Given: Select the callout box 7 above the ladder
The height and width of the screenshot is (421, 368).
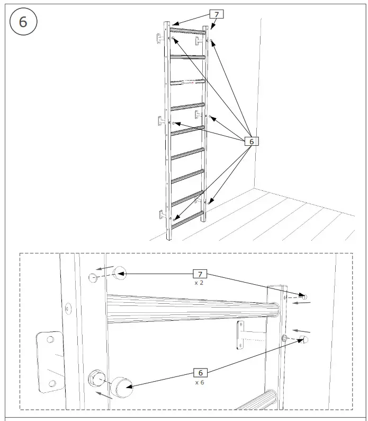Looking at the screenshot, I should [216, 14].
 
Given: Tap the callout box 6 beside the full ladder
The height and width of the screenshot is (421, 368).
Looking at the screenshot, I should [252, 142].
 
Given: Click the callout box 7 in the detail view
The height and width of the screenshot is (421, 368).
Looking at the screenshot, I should [200, 274].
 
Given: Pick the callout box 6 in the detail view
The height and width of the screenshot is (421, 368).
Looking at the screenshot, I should [200, 373].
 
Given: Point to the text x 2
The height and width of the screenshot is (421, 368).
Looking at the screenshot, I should [200, 283].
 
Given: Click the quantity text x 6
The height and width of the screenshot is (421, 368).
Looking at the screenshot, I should [200, 382].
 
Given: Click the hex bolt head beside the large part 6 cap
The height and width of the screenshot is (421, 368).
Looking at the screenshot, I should [97, 379].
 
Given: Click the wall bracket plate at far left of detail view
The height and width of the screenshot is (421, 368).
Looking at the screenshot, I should [49, 361].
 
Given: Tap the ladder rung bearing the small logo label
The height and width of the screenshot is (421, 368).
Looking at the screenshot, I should [187, 82].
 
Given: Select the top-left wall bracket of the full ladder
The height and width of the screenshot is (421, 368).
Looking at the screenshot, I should [159, 38].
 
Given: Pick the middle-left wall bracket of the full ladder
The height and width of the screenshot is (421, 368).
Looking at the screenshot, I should [160, 120].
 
